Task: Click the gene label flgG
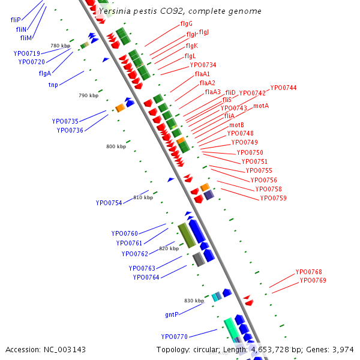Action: click(186, 24)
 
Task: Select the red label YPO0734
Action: click(203, 65)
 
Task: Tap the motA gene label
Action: click(260, 106)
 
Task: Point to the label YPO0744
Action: click(283, 88)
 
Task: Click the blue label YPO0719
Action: click(27, 53)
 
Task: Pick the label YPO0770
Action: click(174, 337)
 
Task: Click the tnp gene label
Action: click(53, 85)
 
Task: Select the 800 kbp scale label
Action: click(116, 146)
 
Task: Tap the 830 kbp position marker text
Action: click(194, 301)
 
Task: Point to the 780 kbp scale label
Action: click(60, 46)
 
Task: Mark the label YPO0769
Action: click(313, 280)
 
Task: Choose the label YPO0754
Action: click(109, 203)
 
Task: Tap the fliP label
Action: click(16, 20)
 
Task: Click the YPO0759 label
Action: click(273, 198)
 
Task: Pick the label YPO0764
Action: click(145, 277)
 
